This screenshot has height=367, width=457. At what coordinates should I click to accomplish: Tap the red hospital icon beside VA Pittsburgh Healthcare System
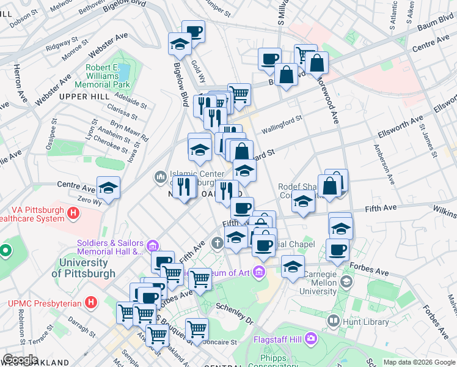73,213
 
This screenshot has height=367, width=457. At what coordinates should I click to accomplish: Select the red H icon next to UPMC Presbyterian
91,302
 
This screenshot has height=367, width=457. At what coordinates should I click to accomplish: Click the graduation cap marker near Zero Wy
108,188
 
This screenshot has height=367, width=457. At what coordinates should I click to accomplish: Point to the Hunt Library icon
334,321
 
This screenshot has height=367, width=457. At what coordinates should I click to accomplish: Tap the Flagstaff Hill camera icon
311,337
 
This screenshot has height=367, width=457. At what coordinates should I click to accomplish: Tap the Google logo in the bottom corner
20,360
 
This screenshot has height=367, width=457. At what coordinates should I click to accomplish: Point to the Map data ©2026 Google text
419,363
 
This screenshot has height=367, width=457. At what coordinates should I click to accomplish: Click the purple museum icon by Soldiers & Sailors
153,246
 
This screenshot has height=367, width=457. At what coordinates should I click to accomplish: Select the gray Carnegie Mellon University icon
346,282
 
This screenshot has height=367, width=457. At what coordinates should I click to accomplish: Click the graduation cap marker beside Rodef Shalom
303,201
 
